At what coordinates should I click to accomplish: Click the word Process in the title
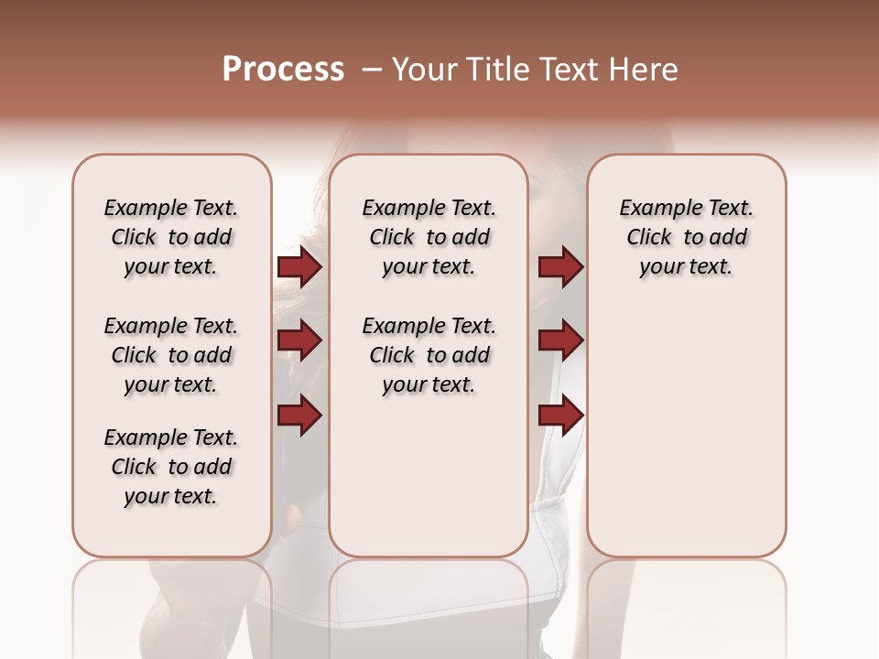(283, 70)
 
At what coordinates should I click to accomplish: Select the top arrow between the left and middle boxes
(299, 267)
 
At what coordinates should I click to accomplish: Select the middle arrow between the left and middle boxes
(299, 341)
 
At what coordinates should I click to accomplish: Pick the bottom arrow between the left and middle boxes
(299, 416)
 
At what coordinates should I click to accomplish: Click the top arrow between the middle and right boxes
(560, 267)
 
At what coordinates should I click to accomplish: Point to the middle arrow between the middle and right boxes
(560, 341)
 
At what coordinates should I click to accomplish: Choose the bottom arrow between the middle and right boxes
(560, 416)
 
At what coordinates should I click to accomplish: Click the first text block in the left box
(171, 237)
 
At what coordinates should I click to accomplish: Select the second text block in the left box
(171, 355)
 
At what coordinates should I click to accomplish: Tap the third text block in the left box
(171, 467)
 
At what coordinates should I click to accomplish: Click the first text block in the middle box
(429, 237)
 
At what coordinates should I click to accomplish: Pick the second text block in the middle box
(429, 355)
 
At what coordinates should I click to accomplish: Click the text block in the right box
(686, 237)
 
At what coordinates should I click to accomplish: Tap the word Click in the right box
(649, 238)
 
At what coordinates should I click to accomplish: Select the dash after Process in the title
(371, 70)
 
